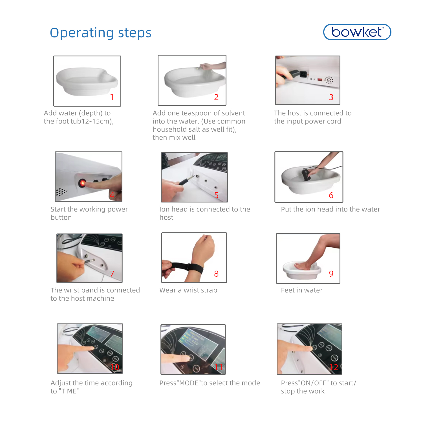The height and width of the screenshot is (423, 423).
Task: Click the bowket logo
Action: coord(357,32)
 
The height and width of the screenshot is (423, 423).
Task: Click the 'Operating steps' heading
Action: coord(101,33)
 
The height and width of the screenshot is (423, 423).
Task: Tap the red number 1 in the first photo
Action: coord(112,97)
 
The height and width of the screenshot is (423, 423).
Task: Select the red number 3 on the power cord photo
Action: coord(331,97)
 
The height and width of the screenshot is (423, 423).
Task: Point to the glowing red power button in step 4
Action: coord(82,183)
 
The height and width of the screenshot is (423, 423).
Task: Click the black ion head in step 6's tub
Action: coord(306,175)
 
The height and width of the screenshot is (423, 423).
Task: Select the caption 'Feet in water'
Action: coord(302,290)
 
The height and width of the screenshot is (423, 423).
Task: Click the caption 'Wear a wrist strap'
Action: coord(188,290)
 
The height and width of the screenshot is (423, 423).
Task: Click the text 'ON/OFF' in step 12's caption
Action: coord(313,383)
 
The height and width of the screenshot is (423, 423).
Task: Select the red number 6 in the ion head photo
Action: coord(331,195)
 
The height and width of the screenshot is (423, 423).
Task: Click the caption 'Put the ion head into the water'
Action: coord(331,209)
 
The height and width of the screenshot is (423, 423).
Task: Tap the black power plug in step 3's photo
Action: coord(297,74)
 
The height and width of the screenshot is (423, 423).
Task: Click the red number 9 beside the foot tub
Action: coord(331,274)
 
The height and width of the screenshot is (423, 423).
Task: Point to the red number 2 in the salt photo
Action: coord(216,97)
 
